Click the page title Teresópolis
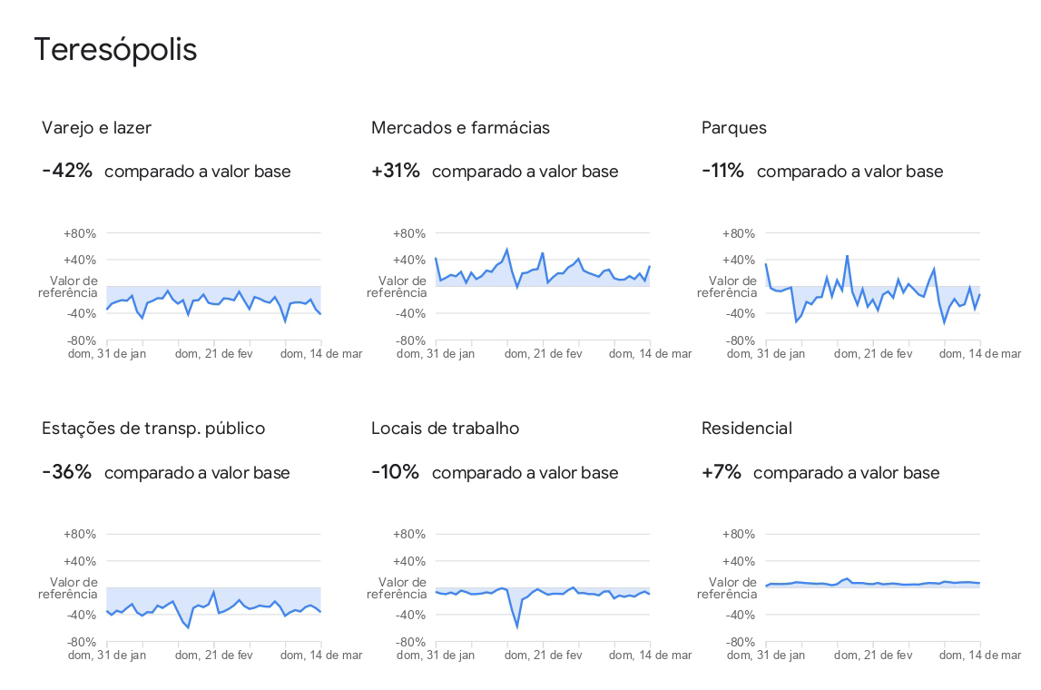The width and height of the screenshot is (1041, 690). tap(115, 50)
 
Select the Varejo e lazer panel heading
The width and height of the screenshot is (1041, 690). tap(96, 128)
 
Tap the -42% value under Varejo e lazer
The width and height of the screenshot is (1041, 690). tap(67, 171)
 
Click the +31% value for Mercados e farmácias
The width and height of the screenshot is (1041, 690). tap(396, 171)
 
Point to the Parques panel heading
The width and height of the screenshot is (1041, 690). tap(733, 128)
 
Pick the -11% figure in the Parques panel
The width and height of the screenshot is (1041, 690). tap(722, 171)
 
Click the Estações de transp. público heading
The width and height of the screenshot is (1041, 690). tap(153, 429)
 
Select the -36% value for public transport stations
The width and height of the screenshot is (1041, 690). tap(66, 472)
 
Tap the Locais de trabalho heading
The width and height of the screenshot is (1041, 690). tap(445, 429)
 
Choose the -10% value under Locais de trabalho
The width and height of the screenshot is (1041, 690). tap(395, 472)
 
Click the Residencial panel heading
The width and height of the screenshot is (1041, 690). tap(746, 429)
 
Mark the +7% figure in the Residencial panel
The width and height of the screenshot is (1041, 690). tap(722, 472)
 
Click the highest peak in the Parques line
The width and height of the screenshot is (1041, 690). tap(847, 256)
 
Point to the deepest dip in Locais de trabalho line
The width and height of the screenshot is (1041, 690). tap(517, 626)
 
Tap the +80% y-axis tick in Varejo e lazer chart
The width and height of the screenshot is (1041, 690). tap(80, 233)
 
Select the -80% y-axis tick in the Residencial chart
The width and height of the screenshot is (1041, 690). tap(740, 642)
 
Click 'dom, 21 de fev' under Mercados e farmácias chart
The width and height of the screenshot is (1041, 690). tap(544, 353)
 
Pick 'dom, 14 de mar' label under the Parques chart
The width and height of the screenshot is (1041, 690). tap(979, 353)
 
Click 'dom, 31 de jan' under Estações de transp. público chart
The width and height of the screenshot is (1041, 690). tap(107, 655)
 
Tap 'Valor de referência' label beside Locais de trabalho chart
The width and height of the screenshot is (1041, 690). tap(397, 588)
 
